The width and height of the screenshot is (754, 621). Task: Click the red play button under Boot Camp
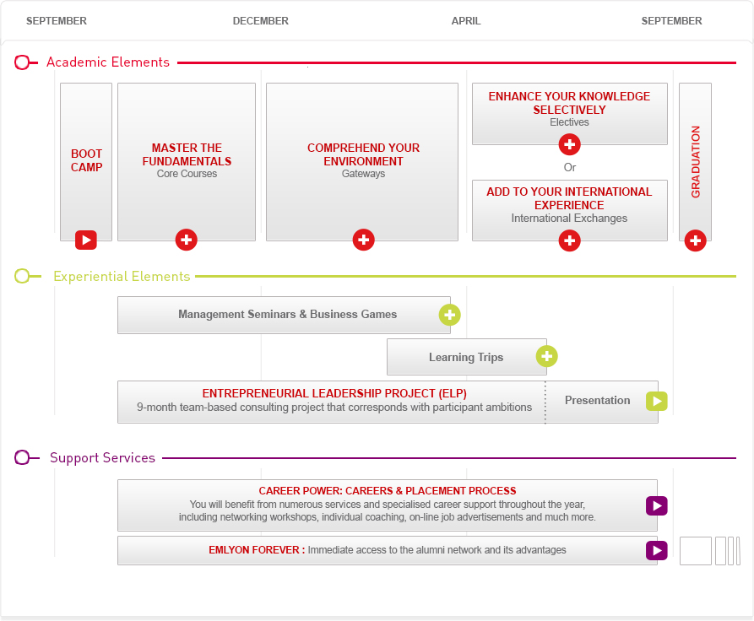tap(86, 240)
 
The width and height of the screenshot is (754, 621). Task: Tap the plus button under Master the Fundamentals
tap(186, 240)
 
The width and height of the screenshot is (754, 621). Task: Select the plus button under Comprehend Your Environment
tap(364, 240)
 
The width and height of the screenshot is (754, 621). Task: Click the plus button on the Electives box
tap(569, 144)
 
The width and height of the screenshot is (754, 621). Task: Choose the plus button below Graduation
tap(696, 240)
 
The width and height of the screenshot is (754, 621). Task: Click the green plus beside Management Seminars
tap(449, 315)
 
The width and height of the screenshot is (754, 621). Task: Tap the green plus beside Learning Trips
tap(547, 357)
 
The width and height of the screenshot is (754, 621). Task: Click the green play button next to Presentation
tap(657, 402)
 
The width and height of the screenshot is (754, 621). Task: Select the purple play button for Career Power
tap(657, 505)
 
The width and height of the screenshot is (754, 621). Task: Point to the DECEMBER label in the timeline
tap(261, 21)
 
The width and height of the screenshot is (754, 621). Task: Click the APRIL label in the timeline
tap(466, 21)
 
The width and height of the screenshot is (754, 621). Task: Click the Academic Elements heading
tap(108, 62)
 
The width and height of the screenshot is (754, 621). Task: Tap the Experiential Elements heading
tap(122, 277)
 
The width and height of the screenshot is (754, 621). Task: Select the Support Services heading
tap(102, 457)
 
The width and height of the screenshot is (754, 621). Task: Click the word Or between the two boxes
tap(570, 167)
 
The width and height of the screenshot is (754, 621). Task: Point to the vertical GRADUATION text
tap(696, 162)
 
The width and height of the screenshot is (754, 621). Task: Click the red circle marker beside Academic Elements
tap(22, 62)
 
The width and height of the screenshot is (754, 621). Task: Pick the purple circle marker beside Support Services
tap(22, 457)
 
